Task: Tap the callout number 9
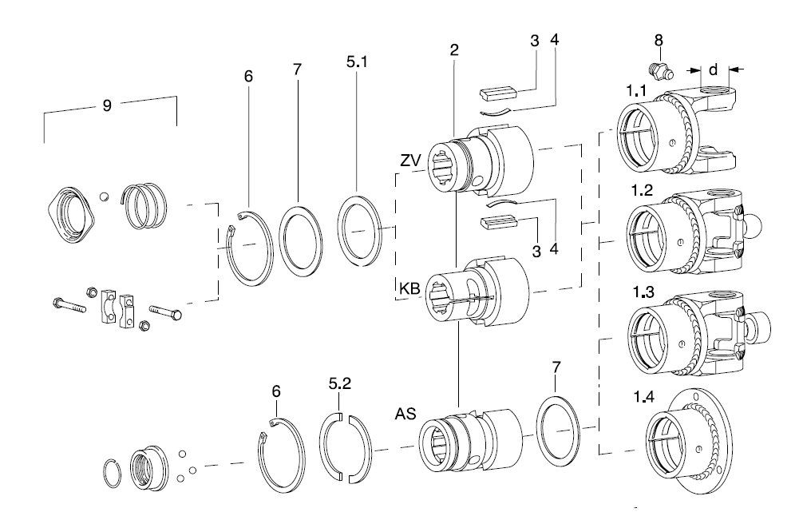(106, 105)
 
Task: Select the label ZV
(410, 161)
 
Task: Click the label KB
(409, 289)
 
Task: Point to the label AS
(405, 414)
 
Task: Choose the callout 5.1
(358, 62)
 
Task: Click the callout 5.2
(340, 383)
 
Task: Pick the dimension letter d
(714, 69)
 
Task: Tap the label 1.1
(636, 91)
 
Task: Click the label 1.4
(643, 397)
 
